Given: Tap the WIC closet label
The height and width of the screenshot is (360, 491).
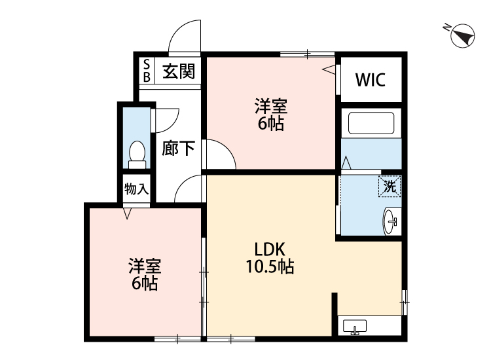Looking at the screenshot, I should pos(371,80).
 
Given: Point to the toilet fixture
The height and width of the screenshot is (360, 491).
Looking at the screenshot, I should pos(137,152).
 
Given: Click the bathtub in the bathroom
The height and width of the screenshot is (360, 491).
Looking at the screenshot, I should pos(371,124).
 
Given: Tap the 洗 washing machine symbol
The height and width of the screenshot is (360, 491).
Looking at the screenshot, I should pos(390,186).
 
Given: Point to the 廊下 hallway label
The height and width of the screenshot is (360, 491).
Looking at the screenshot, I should pos(179,148).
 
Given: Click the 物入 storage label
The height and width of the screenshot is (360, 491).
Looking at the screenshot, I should pos(137,190).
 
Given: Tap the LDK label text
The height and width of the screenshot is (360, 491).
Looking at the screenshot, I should pos(268,249).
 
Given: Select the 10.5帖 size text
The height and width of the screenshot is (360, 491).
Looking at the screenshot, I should pos(268,266).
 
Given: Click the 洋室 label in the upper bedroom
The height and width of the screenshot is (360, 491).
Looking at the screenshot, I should pos(270,106).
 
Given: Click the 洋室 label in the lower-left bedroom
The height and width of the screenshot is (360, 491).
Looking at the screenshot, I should pos(145,266).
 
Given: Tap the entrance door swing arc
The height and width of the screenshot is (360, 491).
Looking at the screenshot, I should pos(183,35).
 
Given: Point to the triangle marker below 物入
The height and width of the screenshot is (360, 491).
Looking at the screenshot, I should pos(128,213).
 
